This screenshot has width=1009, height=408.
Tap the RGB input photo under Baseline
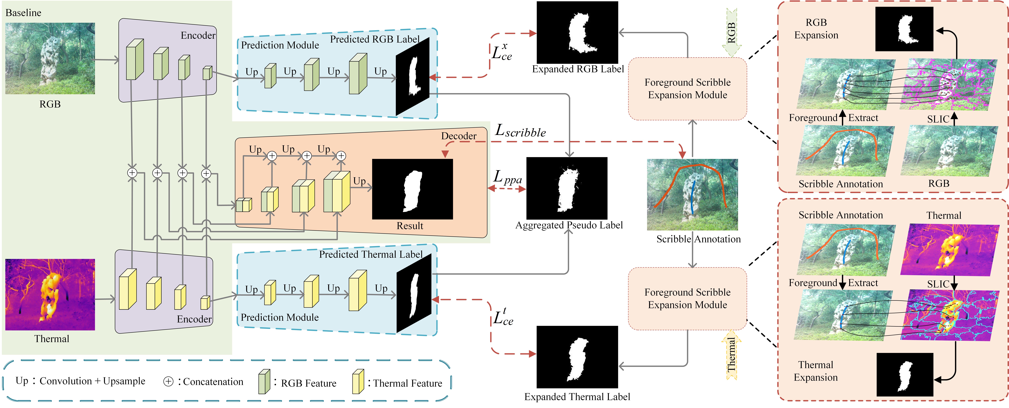click(x=50, y=58)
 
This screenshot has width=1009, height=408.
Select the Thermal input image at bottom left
click(x=50, y=294)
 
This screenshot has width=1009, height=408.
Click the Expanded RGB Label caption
click(x=578, y=69)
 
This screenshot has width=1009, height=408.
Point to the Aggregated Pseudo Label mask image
click(x=567, y=188)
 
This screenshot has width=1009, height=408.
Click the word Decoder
click(x=459, y=136)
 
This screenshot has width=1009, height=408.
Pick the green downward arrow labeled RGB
click(x=731, y=33)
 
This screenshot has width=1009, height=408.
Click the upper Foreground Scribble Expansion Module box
click(x=687, y=89)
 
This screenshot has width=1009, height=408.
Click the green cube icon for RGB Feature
click(x=264, y=381)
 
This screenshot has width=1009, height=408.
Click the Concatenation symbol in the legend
click(x=168, y=382)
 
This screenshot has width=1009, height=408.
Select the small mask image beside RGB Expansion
click(x=904, y=29)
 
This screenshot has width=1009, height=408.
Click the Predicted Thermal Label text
click(x=370, y=255)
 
